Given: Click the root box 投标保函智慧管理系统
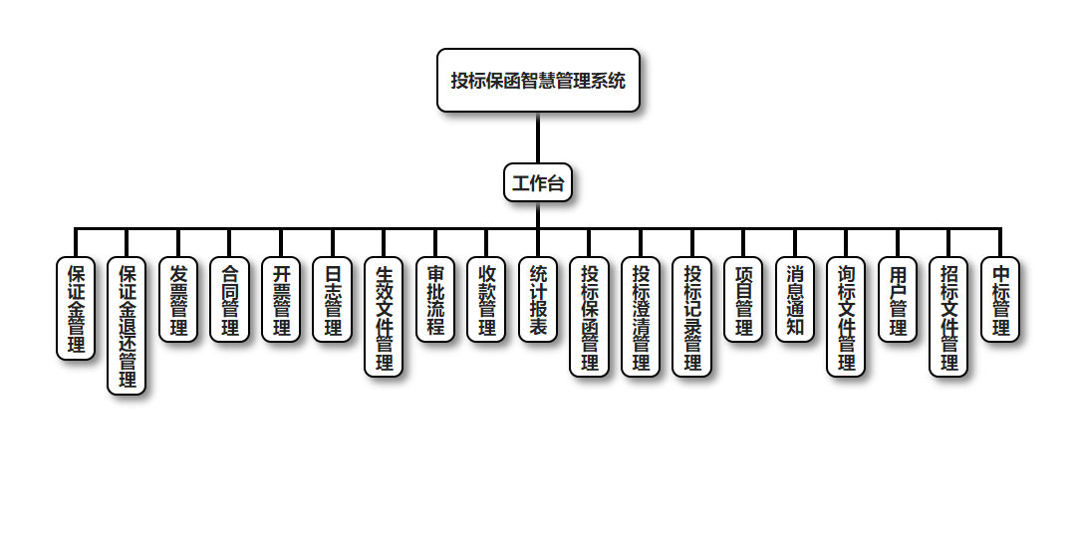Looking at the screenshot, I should coord(538,81).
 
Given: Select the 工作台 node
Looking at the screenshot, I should coord(538,183).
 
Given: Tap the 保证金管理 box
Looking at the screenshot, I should coord(76,309).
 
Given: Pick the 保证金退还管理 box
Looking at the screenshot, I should coord(127,327).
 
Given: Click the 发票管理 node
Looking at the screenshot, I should coord(178,300).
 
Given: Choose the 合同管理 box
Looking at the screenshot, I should coord(230,300).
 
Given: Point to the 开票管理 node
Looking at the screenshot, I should coord(281,300).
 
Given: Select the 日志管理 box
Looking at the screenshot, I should coord(333,300).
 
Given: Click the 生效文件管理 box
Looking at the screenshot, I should coord(384,317).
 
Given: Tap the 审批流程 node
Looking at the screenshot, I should coord(435,300).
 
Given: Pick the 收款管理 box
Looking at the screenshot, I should coord(487,300).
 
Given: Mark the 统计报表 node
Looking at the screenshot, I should coord(538,300).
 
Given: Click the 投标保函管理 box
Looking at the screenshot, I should coord(590,317).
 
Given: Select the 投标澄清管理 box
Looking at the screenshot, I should coord(641,317).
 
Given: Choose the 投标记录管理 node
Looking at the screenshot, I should coord(692,317).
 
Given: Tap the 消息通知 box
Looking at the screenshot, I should coord(795,300).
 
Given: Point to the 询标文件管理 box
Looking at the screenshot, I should coord(846,317).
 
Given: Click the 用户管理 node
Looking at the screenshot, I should coord(898,300).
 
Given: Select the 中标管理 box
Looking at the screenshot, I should coord(1000,300).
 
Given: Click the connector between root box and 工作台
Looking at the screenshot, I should coord(538,138).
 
